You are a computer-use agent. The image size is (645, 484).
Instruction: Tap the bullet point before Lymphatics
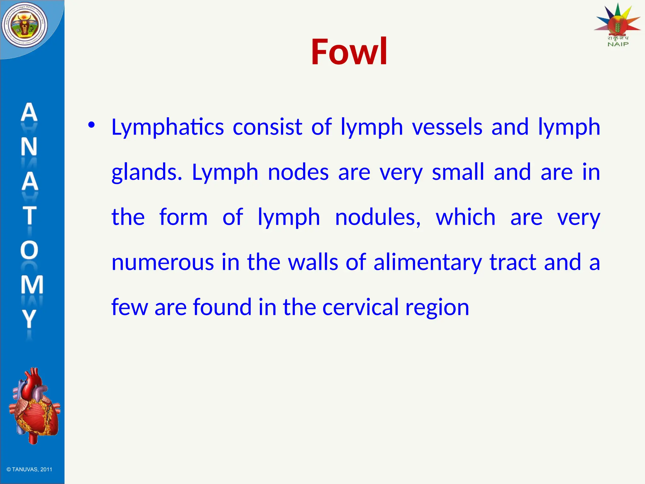pos(91,125)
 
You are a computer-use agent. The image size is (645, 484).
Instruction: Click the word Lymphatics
pos(168,127)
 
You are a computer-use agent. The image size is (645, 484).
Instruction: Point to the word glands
pos(147,172)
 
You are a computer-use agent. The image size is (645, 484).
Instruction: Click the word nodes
pos(298,172)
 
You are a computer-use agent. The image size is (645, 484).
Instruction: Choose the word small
pos(458,172)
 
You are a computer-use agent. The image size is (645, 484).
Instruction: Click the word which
pos(465,217)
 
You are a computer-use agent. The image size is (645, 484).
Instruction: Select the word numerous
pos(163,262)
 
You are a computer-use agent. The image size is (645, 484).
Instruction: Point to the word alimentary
pos(427,262)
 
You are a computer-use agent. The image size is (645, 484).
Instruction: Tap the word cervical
pos(360,307)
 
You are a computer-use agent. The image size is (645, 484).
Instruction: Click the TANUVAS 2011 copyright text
pos(29,470)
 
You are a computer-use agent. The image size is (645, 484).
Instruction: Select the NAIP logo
pos(618,25)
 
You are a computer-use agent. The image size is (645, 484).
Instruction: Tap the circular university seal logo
pos(25,25)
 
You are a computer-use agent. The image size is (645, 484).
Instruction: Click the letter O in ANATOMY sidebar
pos(29,250)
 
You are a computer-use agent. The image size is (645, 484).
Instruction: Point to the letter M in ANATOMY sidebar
pos(31,285)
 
